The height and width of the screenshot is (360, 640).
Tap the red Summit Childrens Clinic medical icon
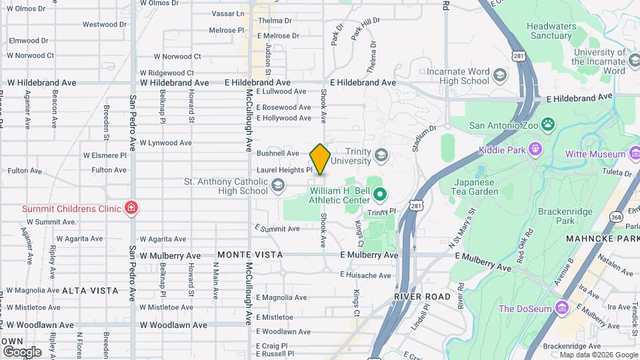(131, 209)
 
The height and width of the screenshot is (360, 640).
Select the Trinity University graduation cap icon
(381, 156)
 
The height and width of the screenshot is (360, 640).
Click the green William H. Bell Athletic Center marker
(380, 195)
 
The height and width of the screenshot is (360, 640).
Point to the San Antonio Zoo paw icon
(548, 125)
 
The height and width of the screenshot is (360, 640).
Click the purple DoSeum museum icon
(561, 308)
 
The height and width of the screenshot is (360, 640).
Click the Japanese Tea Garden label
(476, 187)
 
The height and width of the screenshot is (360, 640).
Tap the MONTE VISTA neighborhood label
(250, 255)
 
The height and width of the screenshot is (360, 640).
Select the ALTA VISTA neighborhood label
(90, 291)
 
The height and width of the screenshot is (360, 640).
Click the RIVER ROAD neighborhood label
(422, 296)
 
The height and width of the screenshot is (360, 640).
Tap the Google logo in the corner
(22, 351)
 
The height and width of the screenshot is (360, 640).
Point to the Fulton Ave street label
(109, 170)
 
